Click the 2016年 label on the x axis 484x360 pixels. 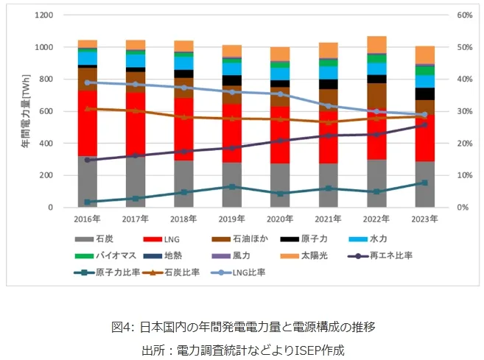point(88,219)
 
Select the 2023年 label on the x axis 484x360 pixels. point(424,219)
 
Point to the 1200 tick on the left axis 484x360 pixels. point(43,15)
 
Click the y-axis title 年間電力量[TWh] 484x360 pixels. point(25,110)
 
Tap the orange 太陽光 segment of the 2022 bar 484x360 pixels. point(376,44)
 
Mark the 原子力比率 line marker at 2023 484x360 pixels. point(424,183)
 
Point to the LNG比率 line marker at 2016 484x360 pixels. point(88,82)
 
